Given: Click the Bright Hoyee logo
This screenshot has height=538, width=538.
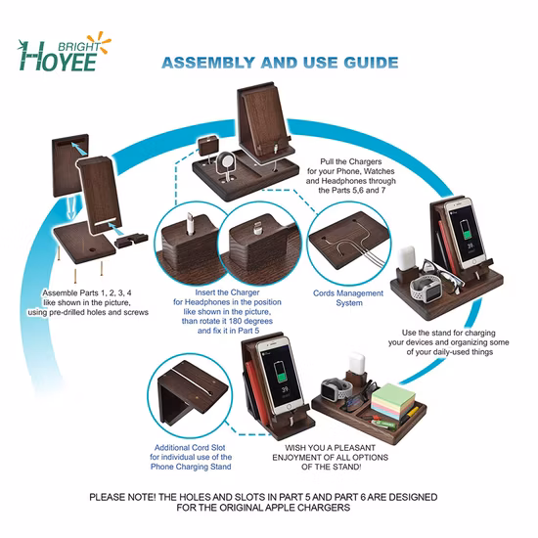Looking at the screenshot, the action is [65, 52].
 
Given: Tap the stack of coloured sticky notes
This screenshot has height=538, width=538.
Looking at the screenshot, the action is [393, 401].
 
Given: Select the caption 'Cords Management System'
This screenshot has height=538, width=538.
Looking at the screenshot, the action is [348, 298].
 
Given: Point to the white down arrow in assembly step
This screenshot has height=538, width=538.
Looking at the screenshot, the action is [71, 207].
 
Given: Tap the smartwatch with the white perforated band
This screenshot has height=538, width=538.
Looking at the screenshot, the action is [426, 289].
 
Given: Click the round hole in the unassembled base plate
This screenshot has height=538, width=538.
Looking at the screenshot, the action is [93, 248].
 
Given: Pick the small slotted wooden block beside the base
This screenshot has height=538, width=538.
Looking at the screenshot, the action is [131, 239].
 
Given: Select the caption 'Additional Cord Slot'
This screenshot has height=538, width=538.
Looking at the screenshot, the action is [190, 447].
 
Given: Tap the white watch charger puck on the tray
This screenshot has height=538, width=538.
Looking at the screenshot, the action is [226, 160].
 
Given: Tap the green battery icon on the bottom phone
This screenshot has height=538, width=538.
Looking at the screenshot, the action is [281, 373].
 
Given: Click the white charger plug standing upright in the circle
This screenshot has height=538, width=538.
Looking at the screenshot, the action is [190, 224].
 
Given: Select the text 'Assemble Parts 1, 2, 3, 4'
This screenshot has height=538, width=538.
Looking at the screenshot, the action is [87, 293].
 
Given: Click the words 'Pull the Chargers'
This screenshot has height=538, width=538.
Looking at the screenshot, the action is [350, 161].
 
